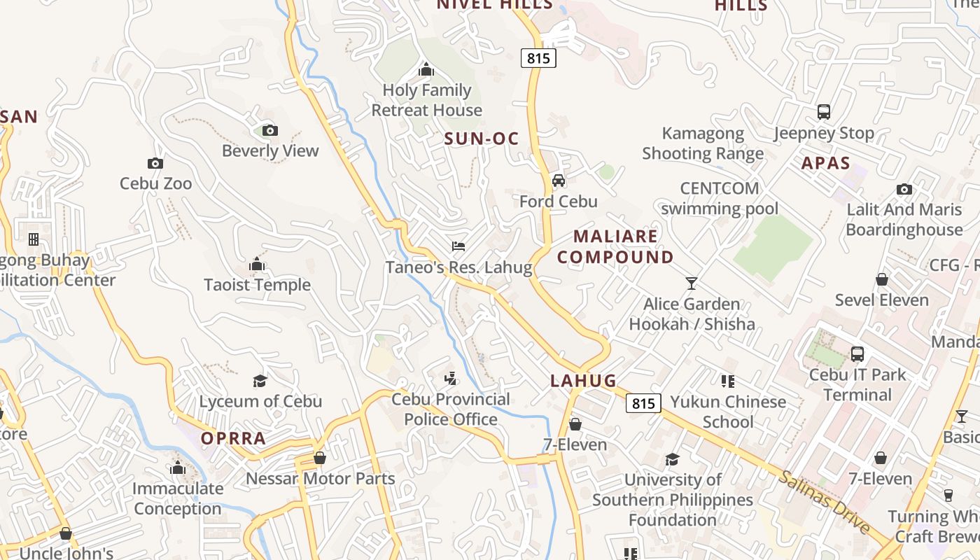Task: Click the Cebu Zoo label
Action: [155, 183]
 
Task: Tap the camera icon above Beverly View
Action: [269, 130]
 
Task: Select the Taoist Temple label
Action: [257, 285]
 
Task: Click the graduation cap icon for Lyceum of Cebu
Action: [260, 381]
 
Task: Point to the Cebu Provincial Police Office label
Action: [451, 409]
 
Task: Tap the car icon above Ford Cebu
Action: [559, 181]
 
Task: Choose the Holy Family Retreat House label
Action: [426, 100]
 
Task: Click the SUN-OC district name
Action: [482, 139]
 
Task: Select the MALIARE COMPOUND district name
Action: [616, 246]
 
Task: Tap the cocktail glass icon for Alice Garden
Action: [692, 283]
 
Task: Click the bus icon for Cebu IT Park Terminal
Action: [857, 354]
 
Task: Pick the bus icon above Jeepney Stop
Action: [824, 112]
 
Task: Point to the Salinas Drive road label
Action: [825, 502]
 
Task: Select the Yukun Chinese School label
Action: [728, 412]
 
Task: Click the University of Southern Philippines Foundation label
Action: [673, 500]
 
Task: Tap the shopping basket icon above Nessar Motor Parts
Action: [320, 458]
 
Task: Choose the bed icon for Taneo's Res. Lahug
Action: [458, 246]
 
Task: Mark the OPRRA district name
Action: [233, 438]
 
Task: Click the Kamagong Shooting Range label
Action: [703, 143]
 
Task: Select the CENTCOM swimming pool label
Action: [720, 198]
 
